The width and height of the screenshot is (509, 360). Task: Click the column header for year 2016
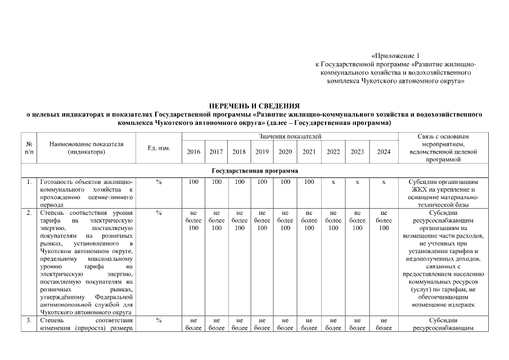pos(193,151)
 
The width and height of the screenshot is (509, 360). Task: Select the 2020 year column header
pos(285,151)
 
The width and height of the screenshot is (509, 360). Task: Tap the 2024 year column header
pos(384,151)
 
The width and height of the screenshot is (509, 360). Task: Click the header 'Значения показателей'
pos(290,137)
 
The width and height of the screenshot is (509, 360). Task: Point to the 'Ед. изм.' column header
pos(159,147)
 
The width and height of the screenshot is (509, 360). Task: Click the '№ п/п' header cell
pos(29,147)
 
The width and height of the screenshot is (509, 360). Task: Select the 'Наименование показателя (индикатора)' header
pos(86,147)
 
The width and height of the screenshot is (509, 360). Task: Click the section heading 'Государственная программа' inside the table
pos(255,170)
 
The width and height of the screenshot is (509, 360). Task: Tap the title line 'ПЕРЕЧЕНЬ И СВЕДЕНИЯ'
pos(254,106)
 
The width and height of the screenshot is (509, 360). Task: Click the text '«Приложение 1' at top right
pos(395,56)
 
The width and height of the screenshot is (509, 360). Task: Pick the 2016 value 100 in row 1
pos(193,182)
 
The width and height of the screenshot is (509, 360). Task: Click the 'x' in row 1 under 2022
pos(334,182)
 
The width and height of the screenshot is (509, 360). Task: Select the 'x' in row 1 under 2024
pos(384,182)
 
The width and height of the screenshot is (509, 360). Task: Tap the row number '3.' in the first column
pos(29,320)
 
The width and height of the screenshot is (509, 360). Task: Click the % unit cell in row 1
pos(159,182)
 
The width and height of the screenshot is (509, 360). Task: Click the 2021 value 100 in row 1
pos(309,182)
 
